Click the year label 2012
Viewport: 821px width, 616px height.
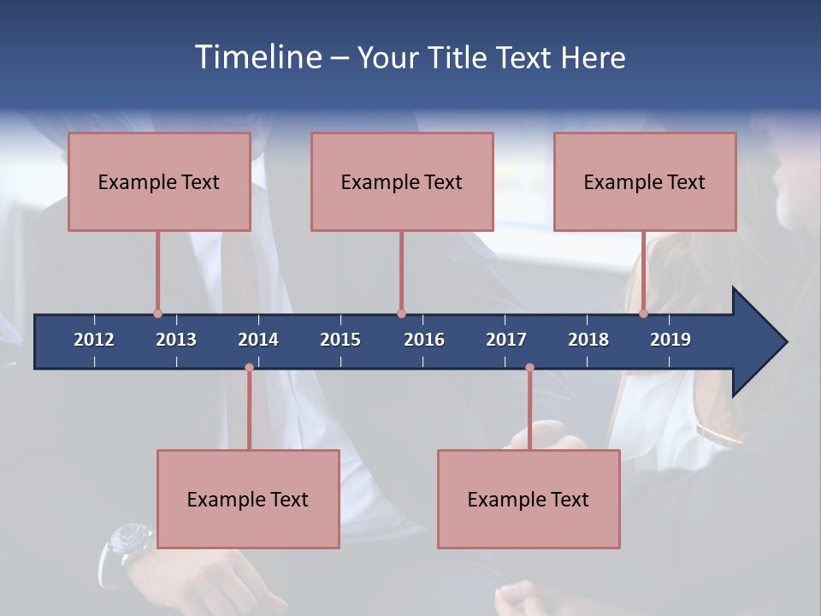tap(94, 340)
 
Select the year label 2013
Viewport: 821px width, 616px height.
tap(176, 340)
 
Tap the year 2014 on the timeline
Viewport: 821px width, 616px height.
tap(258, 340)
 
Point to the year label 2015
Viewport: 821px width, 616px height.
tap(340, 340)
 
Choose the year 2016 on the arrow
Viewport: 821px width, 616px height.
tap(424, 340)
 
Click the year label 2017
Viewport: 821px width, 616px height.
tap(506, 340)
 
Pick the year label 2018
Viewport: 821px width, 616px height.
tap(588, 340)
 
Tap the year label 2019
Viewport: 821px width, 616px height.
tap(670, 340)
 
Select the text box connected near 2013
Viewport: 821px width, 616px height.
tap(159, 181)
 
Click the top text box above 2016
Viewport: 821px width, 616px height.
tap(402, 181)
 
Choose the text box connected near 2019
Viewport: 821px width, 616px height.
tap(645, 181)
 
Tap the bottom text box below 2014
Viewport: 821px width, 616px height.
tap(248, 499)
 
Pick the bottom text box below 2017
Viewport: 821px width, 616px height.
tap(529, 499)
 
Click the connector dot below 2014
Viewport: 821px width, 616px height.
tap(249, 368)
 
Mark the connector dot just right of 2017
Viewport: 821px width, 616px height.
tap(529, 368)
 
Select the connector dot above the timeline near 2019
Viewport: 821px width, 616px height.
tap(643, 314)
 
